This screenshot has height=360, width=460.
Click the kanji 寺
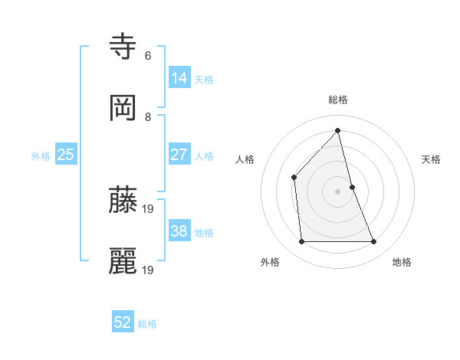(x=123, y=46)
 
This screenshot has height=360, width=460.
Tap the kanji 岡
(x=123, y=108)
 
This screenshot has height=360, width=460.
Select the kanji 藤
(x=123, y=199)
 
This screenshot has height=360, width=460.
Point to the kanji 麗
(x=123, y=261)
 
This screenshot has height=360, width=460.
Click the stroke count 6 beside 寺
(x=148, y=55)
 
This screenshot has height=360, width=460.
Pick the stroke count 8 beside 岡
(x=148, y=117)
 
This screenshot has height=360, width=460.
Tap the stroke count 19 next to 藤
(x=149, y=208)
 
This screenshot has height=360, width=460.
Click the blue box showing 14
(x=179, y=78)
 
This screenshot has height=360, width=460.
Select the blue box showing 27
(x=179, y=155)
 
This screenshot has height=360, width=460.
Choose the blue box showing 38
(x=179, y=231)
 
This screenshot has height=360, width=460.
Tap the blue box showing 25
(x=66, y=155)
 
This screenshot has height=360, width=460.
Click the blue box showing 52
(x=123, y=323)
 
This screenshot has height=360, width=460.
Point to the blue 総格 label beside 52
(x=147, y=324)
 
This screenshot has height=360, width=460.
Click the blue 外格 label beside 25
(x=41, y=155)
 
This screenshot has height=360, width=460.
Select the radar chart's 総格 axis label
(x=338, y=100)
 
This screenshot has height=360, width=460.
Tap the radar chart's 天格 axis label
(x=432, y=159)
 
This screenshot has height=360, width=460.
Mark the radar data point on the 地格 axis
(x=374, y=242)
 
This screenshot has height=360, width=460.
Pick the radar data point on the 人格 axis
(x=294, y=177)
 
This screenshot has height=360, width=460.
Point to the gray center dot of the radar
(x=338, y=191)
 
